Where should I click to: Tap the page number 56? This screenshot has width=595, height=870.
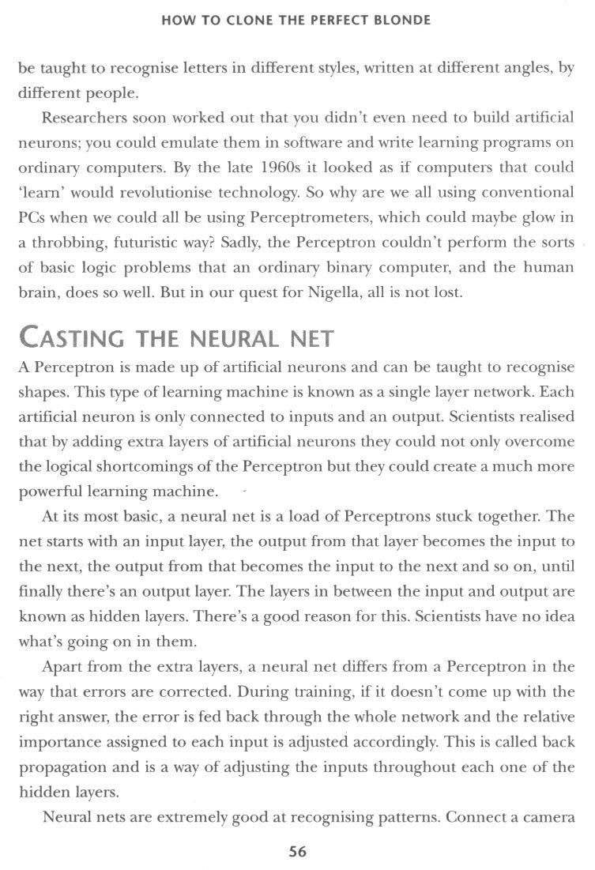(x=298, y=852)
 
